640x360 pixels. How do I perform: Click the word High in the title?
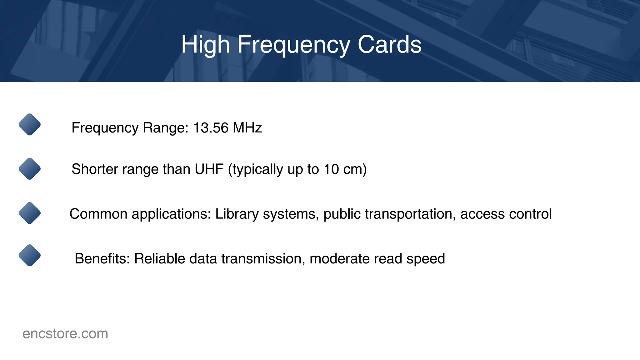(x=206, y=45)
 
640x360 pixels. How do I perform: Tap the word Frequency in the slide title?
(x=294, y=45)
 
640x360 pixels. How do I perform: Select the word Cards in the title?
(x=389, y=45)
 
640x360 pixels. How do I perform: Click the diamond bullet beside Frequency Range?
(x=30, y=124)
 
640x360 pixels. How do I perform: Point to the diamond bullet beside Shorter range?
(x=30, y=169)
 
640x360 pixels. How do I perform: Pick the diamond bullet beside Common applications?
(x=30, y=213)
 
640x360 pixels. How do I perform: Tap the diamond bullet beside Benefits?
(x=30, y=255)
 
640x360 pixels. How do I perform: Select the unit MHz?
(x=247, y=128)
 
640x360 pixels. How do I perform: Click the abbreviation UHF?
(x=209, y=169)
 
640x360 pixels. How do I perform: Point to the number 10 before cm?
(x=331, y=169)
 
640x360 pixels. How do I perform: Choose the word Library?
(x=237, y=214)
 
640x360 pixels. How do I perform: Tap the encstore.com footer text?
(x=65, y=334)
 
